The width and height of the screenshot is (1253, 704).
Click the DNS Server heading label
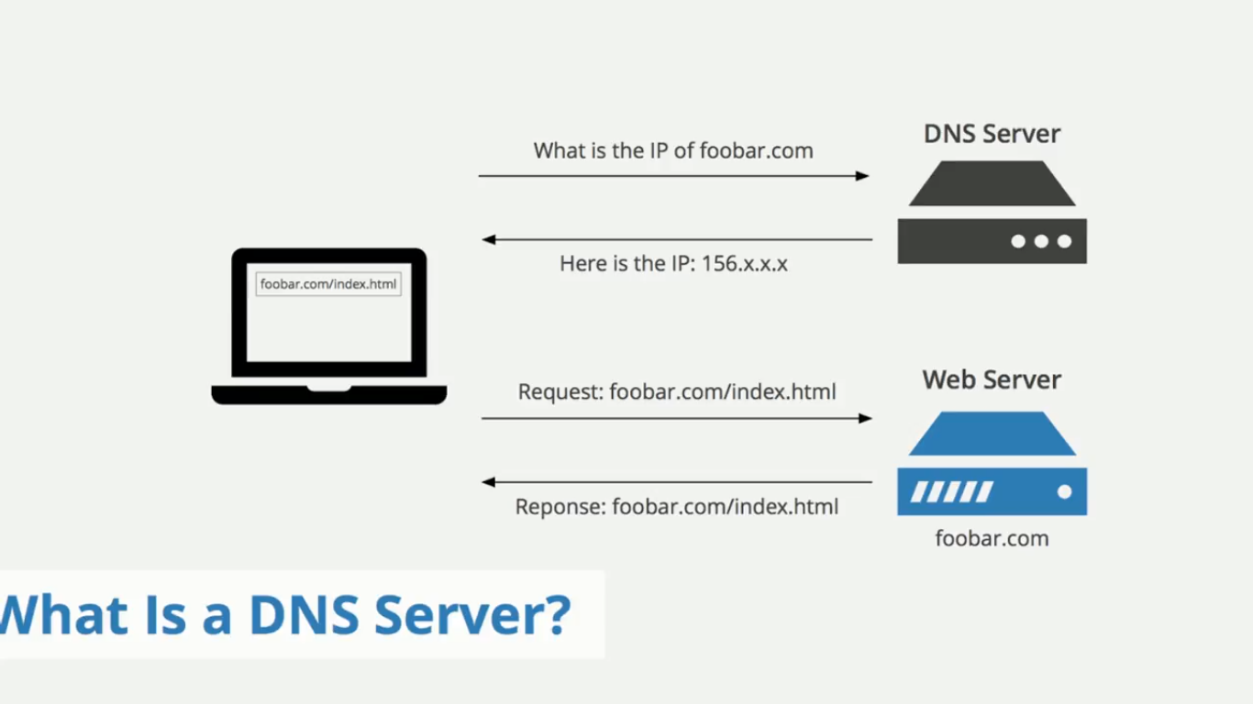coord(992,134)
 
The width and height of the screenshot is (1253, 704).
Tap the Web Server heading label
coord(992,379)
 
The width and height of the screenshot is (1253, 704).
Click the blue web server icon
coord(992,464)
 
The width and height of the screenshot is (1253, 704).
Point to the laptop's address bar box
coord(328,284)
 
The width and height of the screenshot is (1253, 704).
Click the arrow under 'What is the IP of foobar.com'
coord(673,176)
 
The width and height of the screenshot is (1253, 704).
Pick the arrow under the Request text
coord(677,418)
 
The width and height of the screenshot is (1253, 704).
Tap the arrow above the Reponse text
coord(677,482)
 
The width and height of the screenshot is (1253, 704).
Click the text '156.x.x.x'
coord(744,264)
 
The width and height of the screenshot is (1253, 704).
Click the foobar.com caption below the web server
coord(992,538)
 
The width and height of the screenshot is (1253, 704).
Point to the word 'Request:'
coord(560,392)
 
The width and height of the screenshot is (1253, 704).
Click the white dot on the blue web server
coord(1064,492)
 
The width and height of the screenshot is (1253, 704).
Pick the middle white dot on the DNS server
coord(1041,241)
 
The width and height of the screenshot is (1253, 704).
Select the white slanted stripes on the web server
coord(951,492)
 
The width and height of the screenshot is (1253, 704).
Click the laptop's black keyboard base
coord(328,395)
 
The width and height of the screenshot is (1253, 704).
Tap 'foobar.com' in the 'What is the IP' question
coord(756,150)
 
